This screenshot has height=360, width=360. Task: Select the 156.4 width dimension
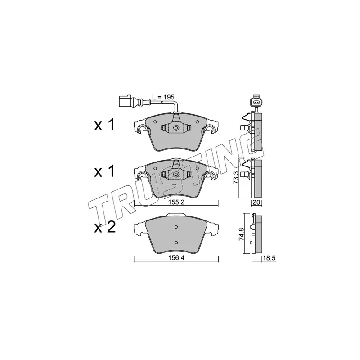point(176,258)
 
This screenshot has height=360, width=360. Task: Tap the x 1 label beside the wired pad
point(104,126)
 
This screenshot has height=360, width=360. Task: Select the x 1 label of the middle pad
point(104,171)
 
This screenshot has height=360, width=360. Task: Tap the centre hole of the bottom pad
point(176,226)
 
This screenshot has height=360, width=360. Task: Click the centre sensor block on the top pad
point(176,128)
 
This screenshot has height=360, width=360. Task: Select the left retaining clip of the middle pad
point(142,177)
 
